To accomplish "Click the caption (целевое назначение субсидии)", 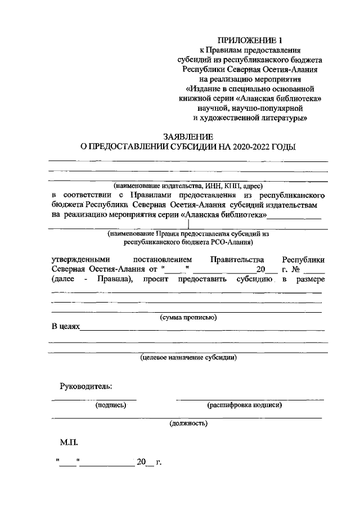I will click(188, 357).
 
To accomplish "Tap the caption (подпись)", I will click(110, 404).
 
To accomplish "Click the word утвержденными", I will click(79, 259).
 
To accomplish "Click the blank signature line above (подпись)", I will click(94, 399).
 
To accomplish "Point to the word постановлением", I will click(164, 259).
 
